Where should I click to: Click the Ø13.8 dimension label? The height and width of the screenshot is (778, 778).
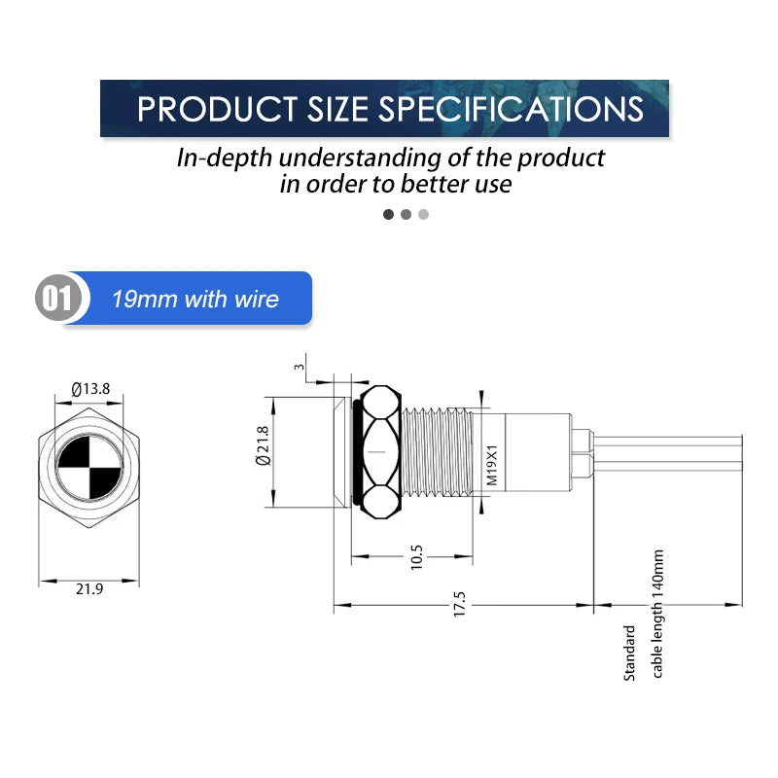(90, 388)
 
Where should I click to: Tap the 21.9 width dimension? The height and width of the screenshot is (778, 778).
(89, 589)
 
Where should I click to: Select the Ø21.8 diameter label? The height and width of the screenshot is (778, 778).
(263, 445)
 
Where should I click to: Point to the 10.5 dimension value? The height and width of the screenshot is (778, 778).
(417, 556)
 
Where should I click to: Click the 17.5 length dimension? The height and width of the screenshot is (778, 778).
(459, 604)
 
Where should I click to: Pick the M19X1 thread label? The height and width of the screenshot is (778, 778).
(491, 465)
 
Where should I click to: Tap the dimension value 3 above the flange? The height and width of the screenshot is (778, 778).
(299, 368)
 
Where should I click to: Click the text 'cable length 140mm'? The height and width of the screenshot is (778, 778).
(657, 614)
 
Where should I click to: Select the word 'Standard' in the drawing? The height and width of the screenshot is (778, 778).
(629, 653)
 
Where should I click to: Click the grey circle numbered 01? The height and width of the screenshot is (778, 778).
(58, 298)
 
